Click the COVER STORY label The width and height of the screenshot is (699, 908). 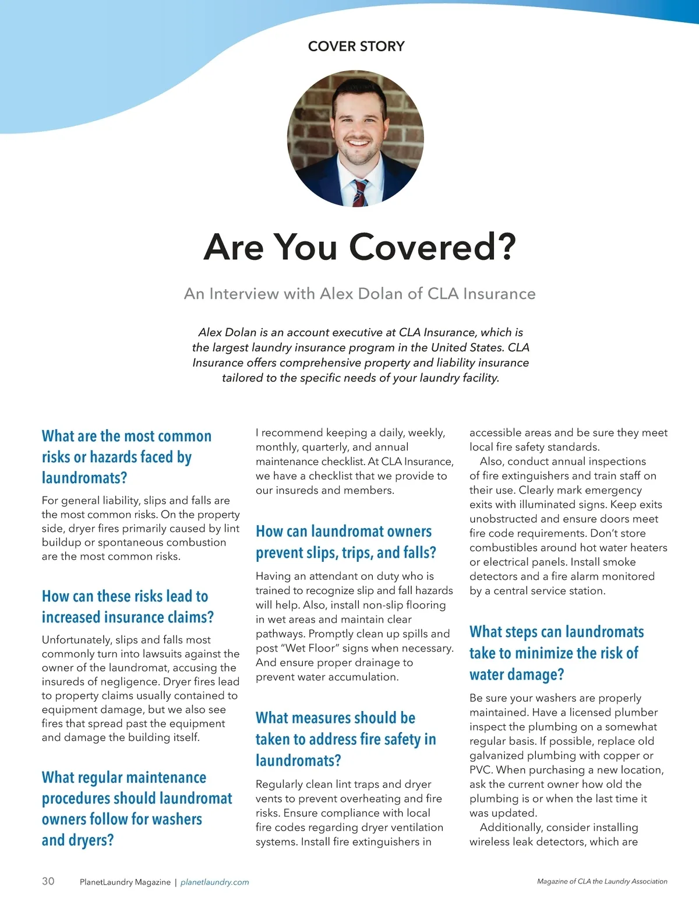[356, 47]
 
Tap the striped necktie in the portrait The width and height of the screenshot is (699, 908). [359, 193]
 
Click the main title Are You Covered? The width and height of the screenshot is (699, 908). [359, 247]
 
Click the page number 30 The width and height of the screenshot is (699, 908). [48, 881]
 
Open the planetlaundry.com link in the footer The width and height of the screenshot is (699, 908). [214, 882]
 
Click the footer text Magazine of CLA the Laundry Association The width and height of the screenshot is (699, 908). [602, 882]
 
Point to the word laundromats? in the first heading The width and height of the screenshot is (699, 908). [84, 478]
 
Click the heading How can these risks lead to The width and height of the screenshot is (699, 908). [125, 596]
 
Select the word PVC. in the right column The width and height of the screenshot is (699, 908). [482, 770]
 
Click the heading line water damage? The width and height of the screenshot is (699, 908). [517, 675]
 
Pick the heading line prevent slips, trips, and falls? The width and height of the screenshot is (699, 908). [346, 552]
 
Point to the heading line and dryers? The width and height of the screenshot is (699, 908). [77, 840]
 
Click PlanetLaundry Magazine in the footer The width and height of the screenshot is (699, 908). [125, 882]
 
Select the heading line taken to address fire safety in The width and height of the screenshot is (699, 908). [345, 740]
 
